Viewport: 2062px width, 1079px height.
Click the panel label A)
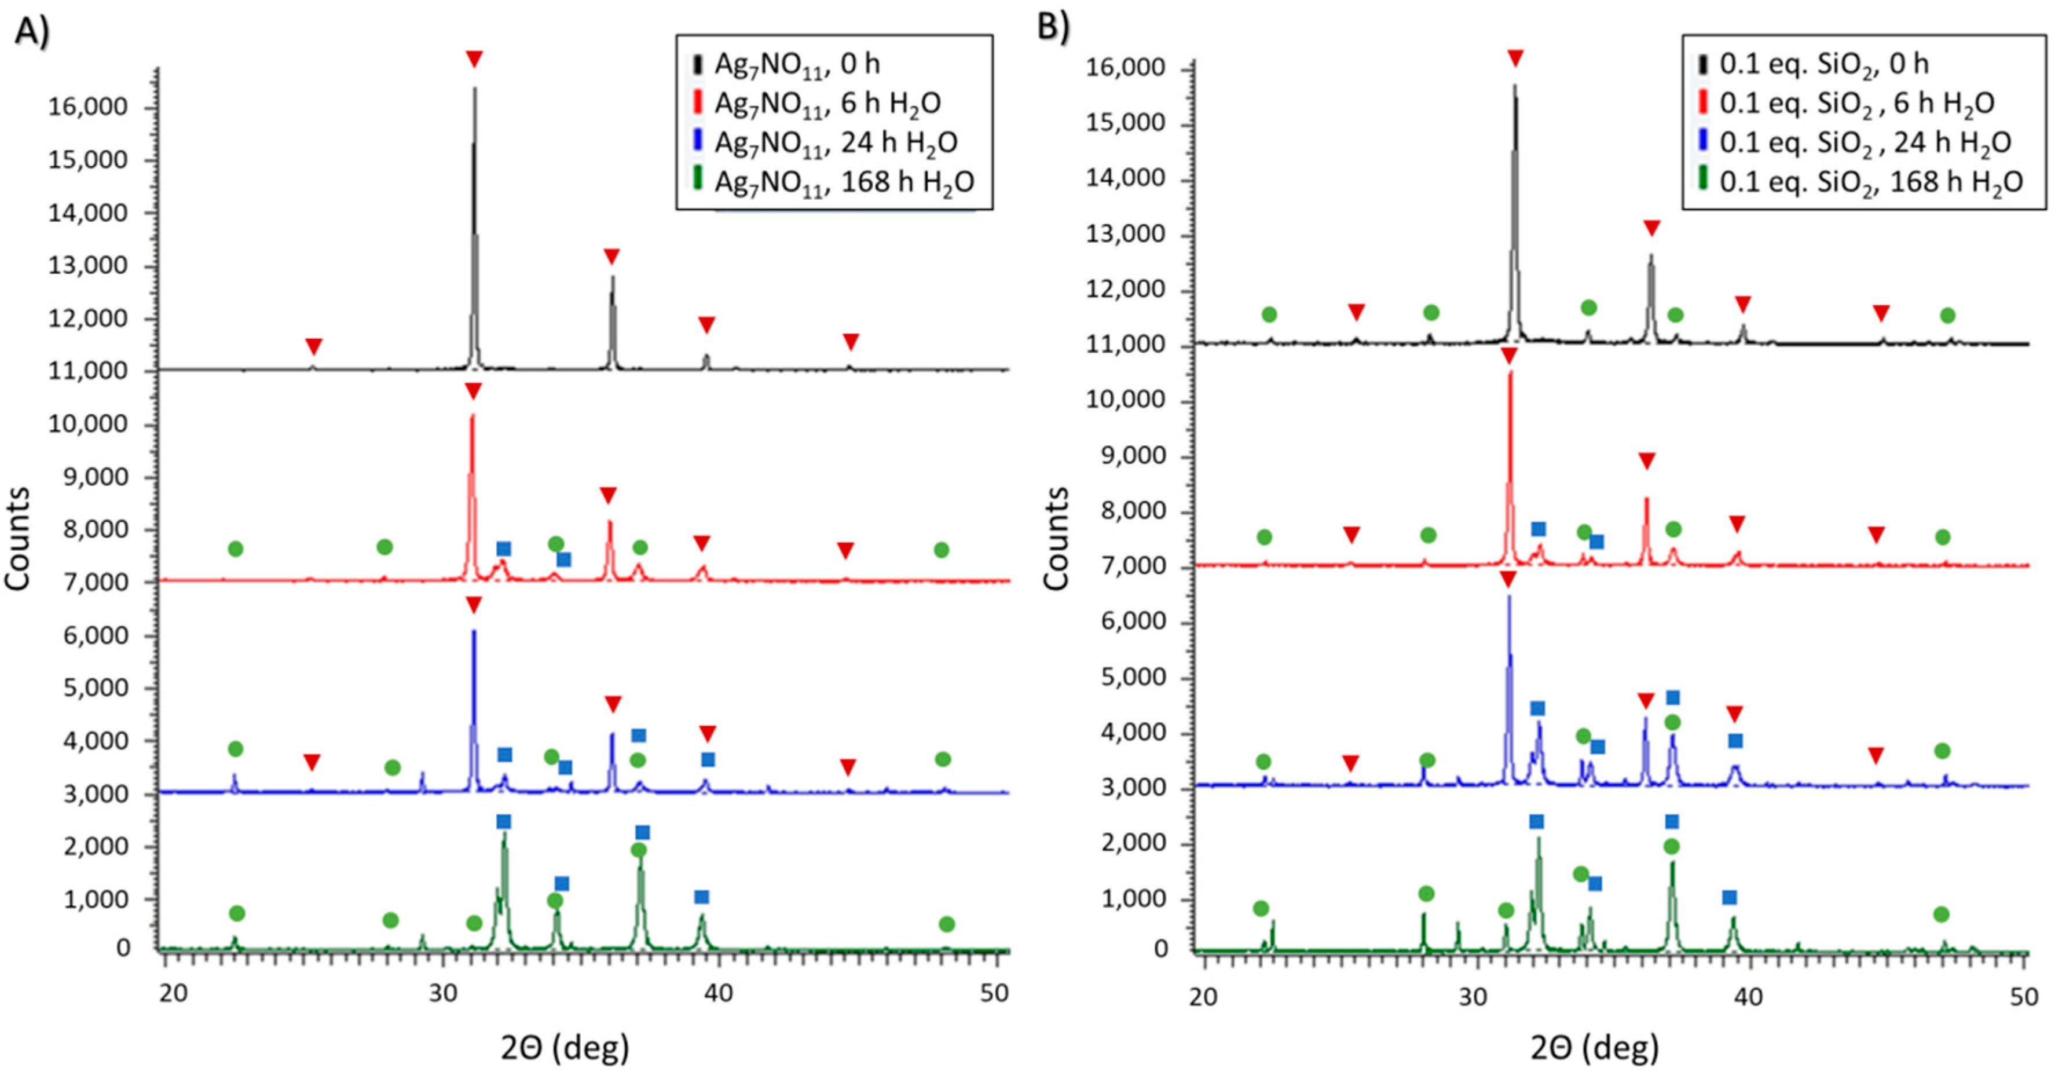[32, 32]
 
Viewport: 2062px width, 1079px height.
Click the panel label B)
[1053, 27]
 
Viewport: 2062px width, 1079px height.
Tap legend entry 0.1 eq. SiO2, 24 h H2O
[1865, 142]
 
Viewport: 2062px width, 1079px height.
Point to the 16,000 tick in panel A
[88, 107]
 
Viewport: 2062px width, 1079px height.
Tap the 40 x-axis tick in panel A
[718, 993]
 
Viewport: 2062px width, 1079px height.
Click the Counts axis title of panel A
[17, 539]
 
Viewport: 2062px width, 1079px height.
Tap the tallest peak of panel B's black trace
[1514, 86]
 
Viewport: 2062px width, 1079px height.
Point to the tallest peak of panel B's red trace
[1510, 373]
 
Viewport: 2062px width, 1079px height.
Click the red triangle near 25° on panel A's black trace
[314, 346]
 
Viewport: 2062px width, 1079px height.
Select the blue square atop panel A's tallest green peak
[504, 822]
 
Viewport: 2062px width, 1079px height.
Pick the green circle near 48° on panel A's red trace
[942, 550]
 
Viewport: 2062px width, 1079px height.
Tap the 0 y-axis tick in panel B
[1160, 949]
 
